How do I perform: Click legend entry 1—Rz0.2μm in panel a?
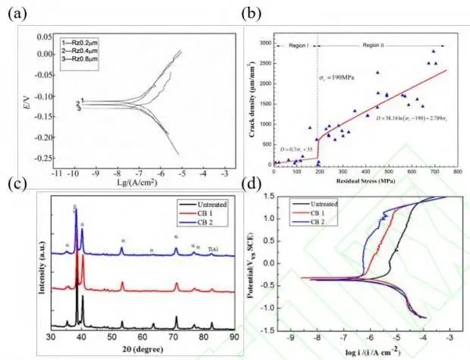[x=84, y=39]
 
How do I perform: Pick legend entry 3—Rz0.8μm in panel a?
[x=84, y=58]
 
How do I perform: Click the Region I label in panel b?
[x=293, y=46]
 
